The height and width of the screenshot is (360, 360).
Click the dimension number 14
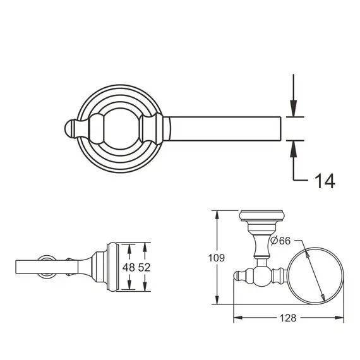(x=324, y=182)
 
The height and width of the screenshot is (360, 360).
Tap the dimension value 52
(x=143, y=267)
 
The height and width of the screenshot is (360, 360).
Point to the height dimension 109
(x=217, y=257)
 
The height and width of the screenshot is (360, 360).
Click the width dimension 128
(x=289, y=319)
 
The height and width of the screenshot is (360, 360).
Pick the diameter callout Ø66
(x=279, y=241)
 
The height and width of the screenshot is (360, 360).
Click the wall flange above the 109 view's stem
(x=259, y=217)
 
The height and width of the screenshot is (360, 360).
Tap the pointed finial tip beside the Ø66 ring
(x=236, y=277)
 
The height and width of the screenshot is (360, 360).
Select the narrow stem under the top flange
(x=259, y=246)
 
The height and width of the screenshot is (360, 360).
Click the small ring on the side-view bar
(x=47, y=267)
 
